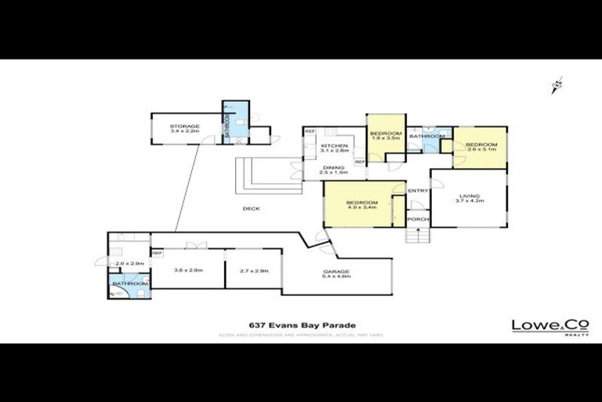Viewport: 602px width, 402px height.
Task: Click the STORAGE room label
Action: (185, 126)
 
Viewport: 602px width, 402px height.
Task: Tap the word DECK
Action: (251, 208)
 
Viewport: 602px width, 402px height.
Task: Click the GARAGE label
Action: (336, 272)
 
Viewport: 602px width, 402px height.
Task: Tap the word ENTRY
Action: (418, 191)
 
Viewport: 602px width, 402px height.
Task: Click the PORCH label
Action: (418, 219)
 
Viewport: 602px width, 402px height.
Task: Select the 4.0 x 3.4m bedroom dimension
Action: (362, 208)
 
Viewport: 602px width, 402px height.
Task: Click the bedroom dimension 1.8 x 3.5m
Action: (386, 138)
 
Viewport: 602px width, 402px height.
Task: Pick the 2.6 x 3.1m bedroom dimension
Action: (481, 150)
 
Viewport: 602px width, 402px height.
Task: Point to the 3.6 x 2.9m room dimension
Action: (188, 270)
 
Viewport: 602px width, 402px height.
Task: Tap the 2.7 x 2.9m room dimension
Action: (253, 270)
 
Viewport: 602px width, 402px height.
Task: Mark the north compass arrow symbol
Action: (557, 86)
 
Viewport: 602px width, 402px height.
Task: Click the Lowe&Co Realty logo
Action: (539, 327)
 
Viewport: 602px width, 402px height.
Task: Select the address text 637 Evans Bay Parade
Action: (302, 325)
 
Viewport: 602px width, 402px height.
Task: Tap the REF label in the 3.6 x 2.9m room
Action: (157, 254)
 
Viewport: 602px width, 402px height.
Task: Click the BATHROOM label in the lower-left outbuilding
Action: (129, 283)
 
